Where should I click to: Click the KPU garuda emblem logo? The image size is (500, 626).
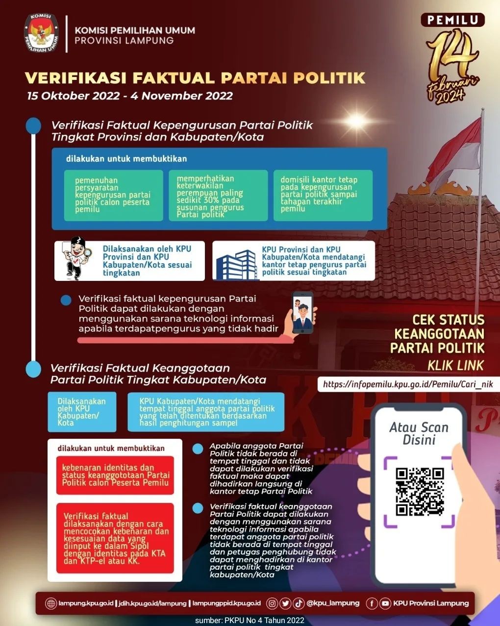click(41, 34)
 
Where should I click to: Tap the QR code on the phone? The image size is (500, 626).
click(420, 492)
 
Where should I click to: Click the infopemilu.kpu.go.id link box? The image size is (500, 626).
click(408, 384)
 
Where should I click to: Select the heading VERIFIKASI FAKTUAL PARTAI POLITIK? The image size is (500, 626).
click(195, 78)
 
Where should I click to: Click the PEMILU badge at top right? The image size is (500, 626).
click(452, 20)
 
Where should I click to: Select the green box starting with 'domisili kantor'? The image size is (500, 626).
click(323, 195)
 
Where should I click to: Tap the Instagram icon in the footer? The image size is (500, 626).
click(272, 603)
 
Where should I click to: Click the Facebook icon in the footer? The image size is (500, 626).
click(372, 603)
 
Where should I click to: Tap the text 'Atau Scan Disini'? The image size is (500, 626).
click(419, 433)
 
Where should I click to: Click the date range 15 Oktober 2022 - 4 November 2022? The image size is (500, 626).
click(130, 96)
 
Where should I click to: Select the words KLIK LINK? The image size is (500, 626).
click(455, 365)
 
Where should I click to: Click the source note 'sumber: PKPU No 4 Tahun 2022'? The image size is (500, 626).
click(250, 620)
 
